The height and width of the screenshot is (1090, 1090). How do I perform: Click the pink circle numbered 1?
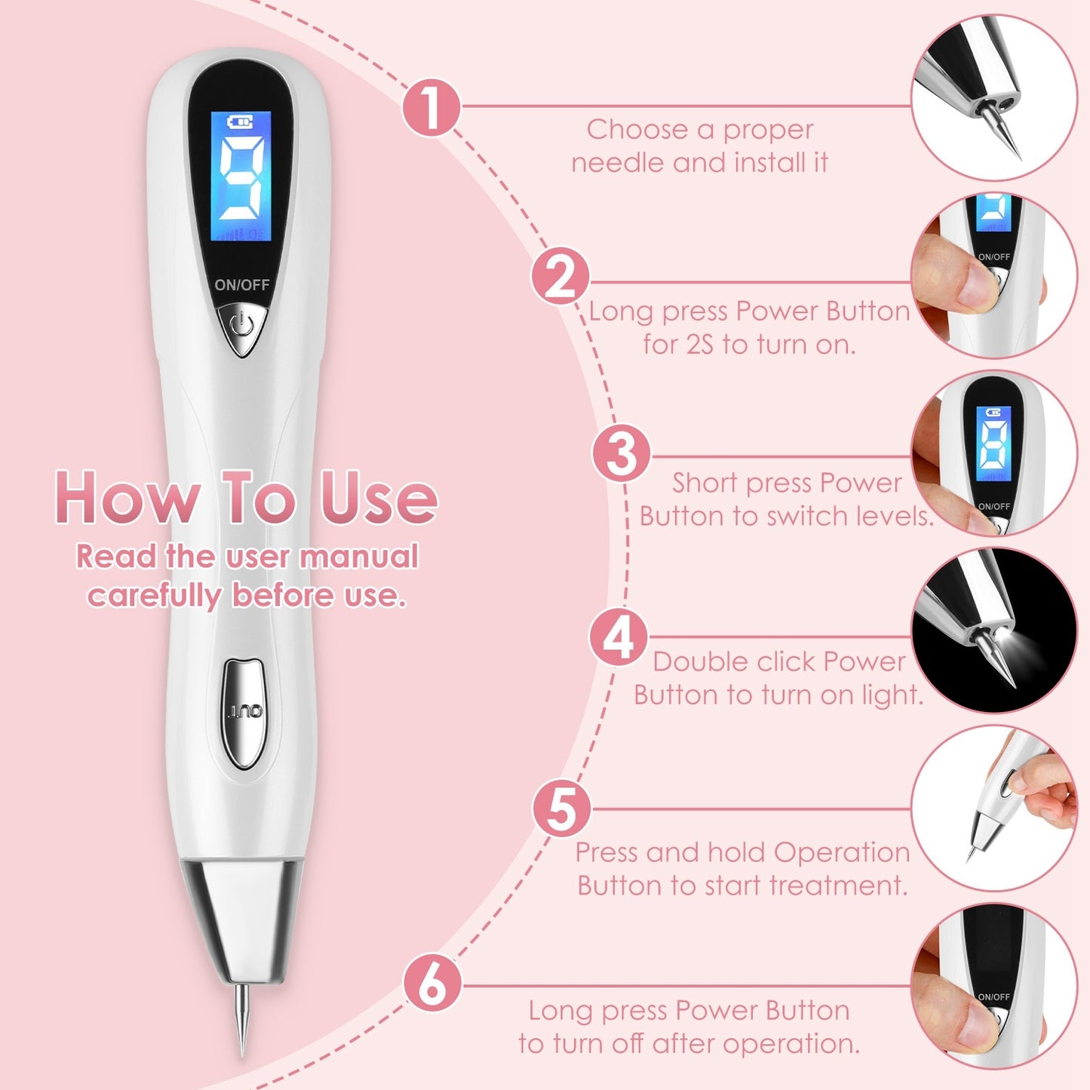coord(431,107)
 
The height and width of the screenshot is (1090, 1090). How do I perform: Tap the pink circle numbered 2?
coord(560,276)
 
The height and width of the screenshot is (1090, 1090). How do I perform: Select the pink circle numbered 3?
coord(621,453)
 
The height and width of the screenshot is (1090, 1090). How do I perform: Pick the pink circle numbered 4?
coord(619,637)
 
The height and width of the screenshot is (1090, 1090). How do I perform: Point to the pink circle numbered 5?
coord(562,809)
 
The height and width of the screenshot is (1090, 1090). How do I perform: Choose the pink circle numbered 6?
coord(432,982)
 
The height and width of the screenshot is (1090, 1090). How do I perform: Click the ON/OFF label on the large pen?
coord(241,285)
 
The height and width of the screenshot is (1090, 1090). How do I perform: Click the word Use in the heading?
coord(379,498)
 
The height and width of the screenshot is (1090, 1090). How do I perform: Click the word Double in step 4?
coord(699,662)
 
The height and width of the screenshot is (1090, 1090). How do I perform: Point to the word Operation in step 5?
coord(842,852)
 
